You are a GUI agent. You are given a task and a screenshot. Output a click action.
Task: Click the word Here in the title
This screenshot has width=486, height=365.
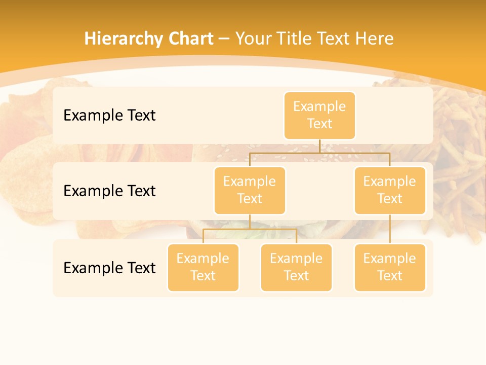click(374, 39)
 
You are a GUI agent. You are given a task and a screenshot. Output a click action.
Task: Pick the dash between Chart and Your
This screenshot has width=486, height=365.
click(224, 39)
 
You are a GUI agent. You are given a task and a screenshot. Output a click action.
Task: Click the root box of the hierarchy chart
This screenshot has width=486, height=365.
click(319, 116)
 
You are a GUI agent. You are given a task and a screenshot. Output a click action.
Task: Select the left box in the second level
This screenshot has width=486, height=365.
click(250, 191)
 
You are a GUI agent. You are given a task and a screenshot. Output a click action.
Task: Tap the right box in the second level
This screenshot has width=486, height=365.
click(390, 191)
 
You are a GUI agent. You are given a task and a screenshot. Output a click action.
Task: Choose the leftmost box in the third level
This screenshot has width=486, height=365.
click(203, 268)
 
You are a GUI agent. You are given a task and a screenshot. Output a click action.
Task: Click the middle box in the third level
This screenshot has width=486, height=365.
click(296, 268)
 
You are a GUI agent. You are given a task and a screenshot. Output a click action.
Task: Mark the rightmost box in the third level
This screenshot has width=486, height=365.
click(390, 268)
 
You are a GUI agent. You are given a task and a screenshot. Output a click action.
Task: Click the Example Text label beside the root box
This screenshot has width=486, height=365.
click(109, 116)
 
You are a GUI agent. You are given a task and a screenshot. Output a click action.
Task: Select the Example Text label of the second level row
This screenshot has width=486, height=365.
click(109, 191)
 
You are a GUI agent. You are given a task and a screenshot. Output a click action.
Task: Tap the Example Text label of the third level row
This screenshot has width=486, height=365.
click(109, 268)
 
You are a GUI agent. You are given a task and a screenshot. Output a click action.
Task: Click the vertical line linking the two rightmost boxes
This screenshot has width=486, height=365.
click(390, 229)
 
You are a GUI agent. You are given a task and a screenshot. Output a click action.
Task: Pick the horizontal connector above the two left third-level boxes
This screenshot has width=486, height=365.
click(250, 229)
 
